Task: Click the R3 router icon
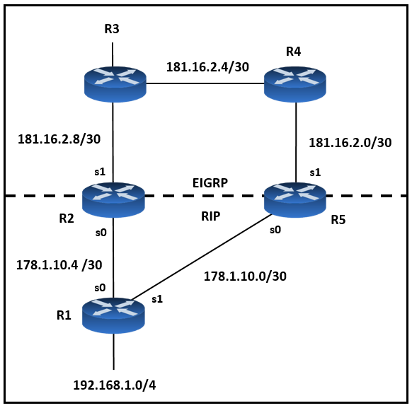coord(115,84)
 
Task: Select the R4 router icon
coord(295,84)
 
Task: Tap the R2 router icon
coord(113,200)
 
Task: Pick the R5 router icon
coord(295,200)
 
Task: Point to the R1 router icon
coord(113,315)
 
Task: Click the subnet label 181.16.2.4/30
coord(207,67)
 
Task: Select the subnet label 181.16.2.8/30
coord(59,139)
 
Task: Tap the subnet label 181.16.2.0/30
coord(350,142)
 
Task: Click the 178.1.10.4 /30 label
coord(59,265)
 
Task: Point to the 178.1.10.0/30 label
coord(245,276)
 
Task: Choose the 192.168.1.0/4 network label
coord(115,385)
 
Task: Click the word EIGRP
coord(210,183)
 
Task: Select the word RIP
coord(211,216)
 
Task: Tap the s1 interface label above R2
coord(100,172)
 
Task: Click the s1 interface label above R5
coord(315,173)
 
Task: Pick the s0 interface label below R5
coord(275,230)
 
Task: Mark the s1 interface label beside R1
coord(157,299)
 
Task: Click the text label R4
coord(294,52)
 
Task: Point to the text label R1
coord(64,315)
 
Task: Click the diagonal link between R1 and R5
coord(202,257)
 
